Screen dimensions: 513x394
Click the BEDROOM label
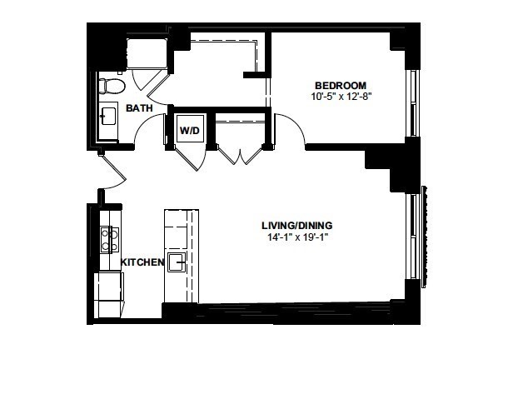pos(341,86)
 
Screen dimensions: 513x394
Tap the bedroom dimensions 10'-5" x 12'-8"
pos(342,97)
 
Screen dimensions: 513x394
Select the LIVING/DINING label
pos(297,226)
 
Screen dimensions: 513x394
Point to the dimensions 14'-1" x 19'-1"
pos(298,237)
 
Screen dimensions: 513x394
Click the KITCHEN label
pos(142,262)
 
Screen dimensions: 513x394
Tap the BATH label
pos(139,108)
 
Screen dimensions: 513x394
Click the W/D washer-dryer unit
pos(190,128)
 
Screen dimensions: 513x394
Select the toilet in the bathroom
pos(112,86)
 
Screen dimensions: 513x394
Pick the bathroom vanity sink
pos(108,116)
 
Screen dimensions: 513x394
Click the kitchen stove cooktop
pos(110,240)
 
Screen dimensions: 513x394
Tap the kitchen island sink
pos(177,262)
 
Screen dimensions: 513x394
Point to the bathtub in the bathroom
pos(147,53)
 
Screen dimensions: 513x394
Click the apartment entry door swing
pos(113,173)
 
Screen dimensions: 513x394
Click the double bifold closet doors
pos(241,156)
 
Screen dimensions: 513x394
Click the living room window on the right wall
pos(413,237)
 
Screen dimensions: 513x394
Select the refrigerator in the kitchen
pos(109,295)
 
